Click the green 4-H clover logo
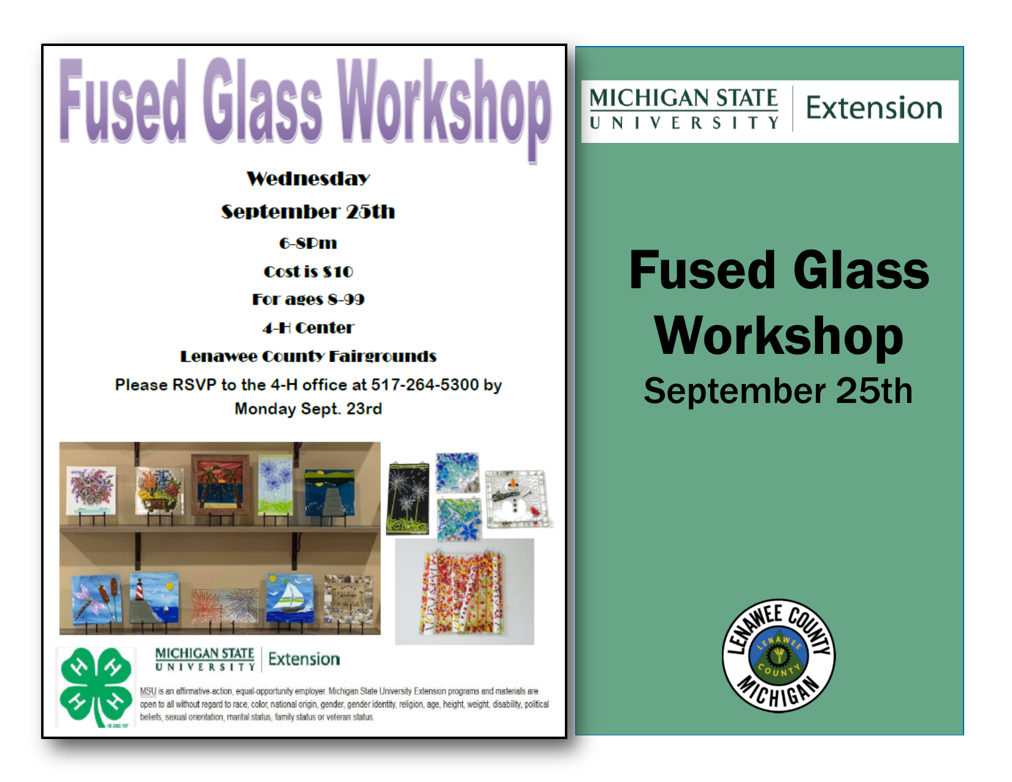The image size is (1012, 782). coord(96,686)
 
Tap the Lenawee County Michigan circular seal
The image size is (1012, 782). coord(778,656)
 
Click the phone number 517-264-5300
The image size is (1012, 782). coord(424,385)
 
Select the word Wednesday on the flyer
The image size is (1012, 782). coord(308,178)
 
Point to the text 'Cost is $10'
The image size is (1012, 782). coord(308,271)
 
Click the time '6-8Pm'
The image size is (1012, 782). coord(308,243)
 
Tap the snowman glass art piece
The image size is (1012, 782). coord(516,499)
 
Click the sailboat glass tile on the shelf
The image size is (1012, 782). coord(289,598)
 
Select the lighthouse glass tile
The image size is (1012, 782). coord(154,598)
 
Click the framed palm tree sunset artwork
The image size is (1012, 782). coord(221,485)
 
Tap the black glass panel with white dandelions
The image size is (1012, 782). coord(408,497)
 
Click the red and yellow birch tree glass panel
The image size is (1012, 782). coord(463,592)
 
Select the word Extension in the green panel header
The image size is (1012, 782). coord(873,109)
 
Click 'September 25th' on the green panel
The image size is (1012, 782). coord(778,391)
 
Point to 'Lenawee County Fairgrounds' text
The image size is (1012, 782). coord(308,356)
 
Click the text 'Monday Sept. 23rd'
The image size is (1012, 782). coord(308,408)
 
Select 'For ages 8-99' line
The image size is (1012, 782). coord(308,299)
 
